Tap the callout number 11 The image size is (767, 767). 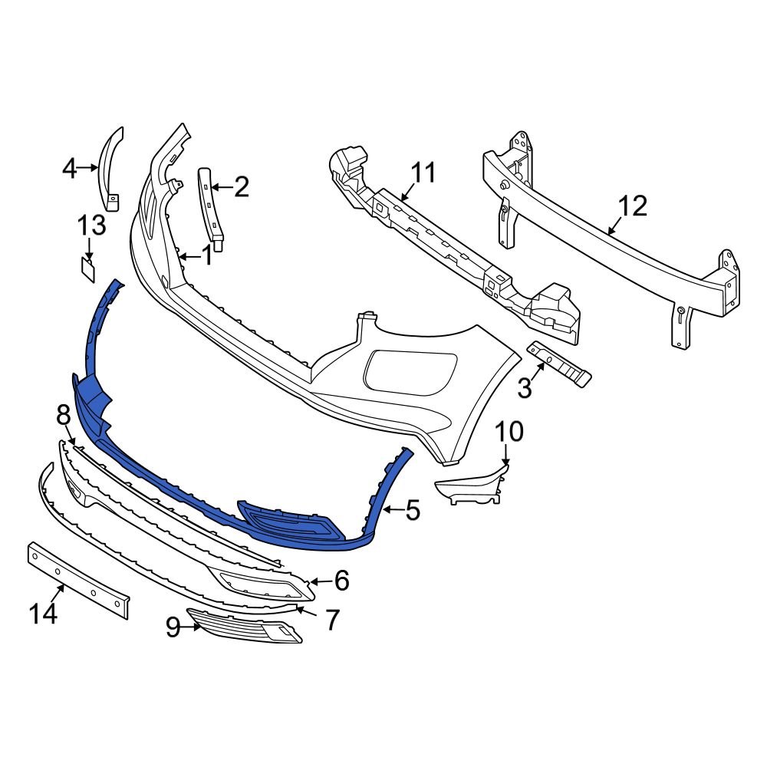pos(422,173)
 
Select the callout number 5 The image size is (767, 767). pos(413,510)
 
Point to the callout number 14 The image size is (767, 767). pos(44,614)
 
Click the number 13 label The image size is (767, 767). pos(91,225)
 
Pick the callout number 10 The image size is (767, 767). pos(509,432)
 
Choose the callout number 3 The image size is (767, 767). pos(525,388)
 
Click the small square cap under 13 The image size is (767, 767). pos(88,268)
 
